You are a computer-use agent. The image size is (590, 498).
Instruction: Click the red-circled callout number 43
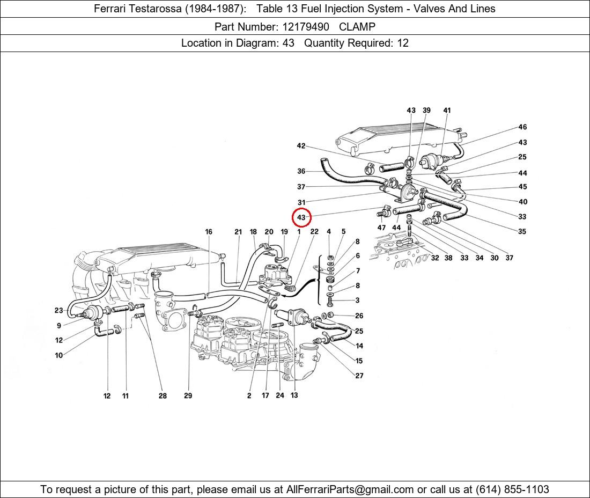pos(301,217)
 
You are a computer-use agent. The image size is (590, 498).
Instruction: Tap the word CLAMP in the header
pos(358,26)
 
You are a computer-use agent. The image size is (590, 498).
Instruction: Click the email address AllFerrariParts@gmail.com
pos(350,489)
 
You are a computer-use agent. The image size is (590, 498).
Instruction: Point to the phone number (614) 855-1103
pos(512,489)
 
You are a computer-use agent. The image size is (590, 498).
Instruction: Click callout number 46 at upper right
pos(522,127)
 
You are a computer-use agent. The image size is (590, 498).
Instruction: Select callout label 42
pos(301,146)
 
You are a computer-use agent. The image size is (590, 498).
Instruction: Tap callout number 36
pos(301,171)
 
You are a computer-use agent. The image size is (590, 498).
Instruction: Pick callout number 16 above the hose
pos(209,232)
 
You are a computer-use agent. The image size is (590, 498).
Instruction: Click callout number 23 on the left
pos(59,310)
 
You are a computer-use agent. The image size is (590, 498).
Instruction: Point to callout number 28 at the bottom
pos(163,396)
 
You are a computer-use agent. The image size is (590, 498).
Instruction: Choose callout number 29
pos(188,396)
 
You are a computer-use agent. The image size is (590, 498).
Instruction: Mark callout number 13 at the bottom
pos(294,396)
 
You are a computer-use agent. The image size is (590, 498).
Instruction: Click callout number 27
pos(359,376)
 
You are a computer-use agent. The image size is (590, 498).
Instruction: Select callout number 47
pos(381,228)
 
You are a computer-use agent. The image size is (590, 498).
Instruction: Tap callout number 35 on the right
pos(522,232)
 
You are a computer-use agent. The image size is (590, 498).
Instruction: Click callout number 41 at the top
pos(447,111)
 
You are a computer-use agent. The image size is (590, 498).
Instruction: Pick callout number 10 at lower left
pos(59,355)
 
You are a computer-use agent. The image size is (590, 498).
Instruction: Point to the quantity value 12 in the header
pos(402,43)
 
